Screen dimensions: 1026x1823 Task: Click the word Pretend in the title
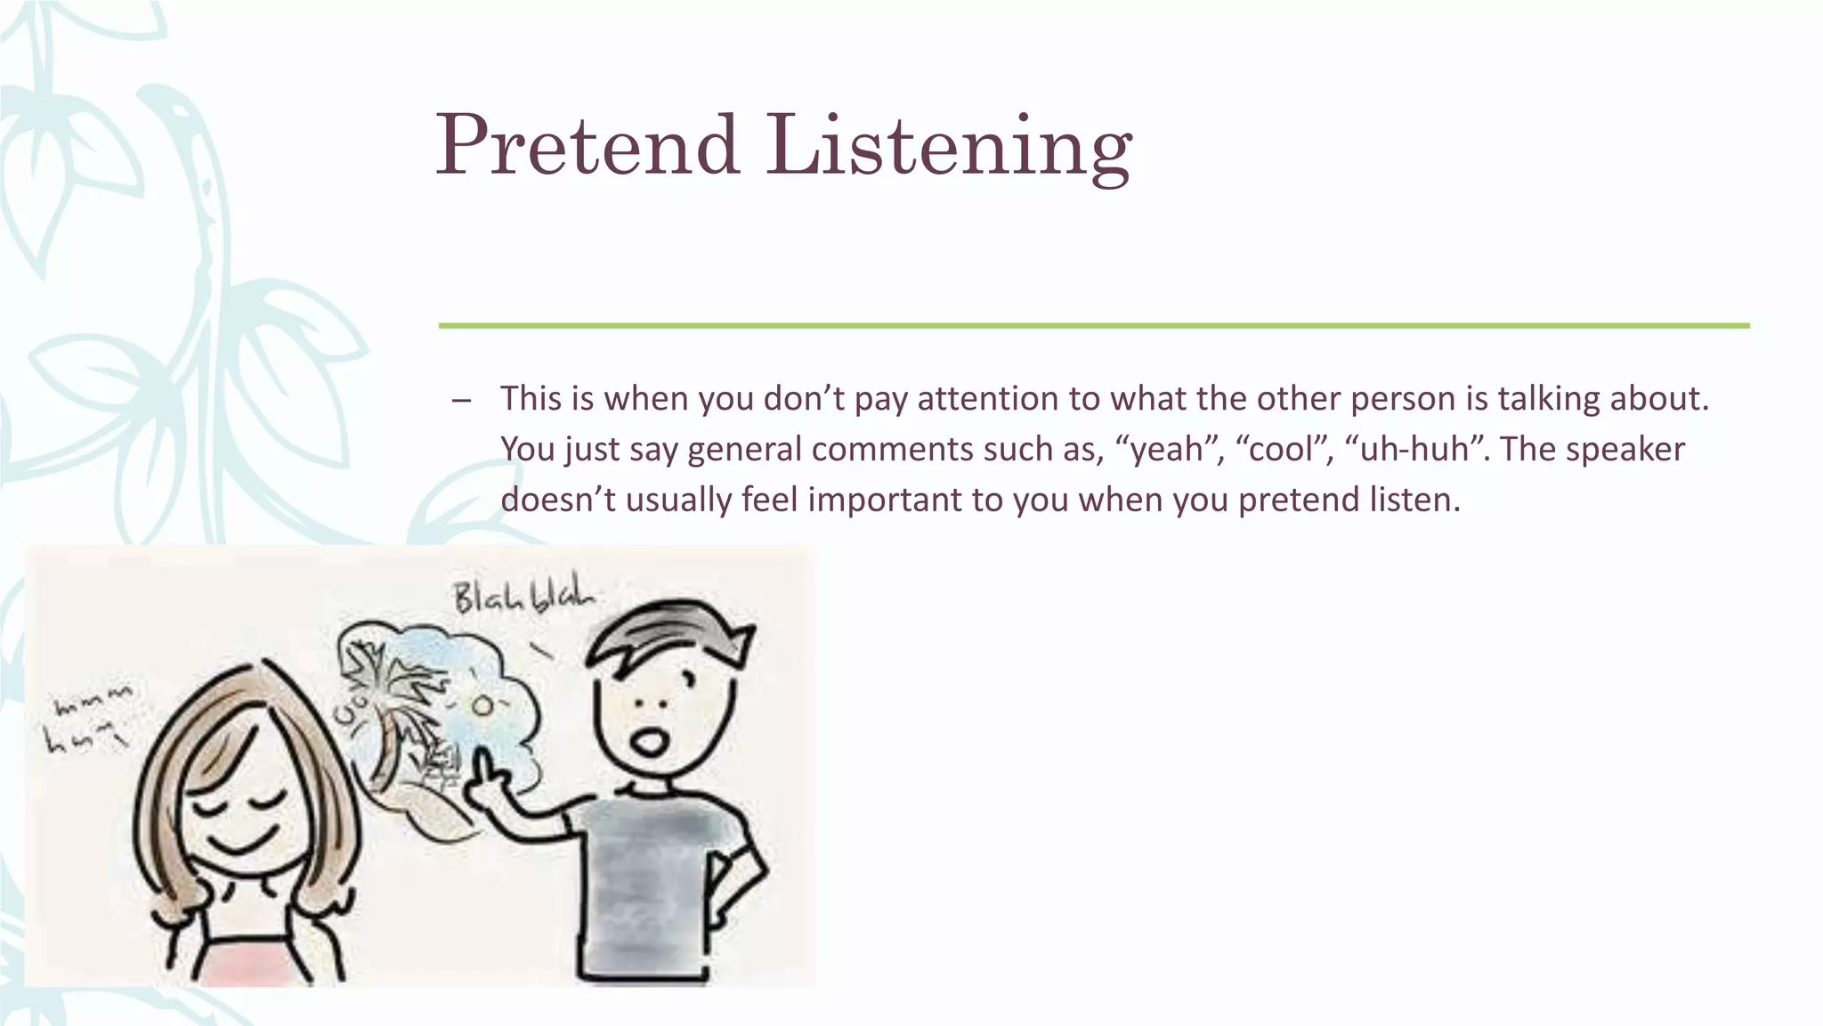[x=587, y=145]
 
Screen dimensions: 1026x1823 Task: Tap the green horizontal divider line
[x=1093, y=326]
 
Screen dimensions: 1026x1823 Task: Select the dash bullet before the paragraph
[x=460, y=400]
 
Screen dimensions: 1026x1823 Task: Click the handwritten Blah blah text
[x=523, y=598]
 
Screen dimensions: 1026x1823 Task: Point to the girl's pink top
[x=258, y=966]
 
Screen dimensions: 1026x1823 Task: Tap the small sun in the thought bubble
[x=482, y=706]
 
